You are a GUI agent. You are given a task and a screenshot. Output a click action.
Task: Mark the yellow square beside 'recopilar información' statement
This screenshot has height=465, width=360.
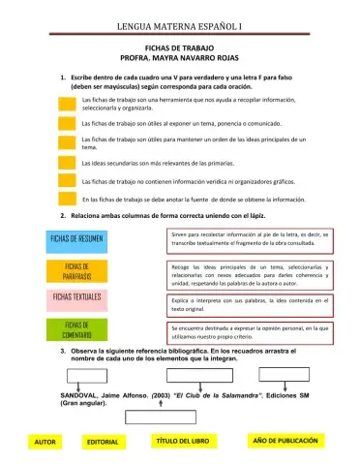coord(68,103)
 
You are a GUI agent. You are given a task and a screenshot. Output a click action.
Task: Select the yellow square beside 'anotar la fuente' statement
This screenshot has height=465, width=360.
coord(68,199)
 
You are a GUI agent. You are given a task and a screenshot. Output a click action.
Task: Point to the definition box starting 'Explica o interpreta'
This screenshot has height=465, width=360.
coord(250,306)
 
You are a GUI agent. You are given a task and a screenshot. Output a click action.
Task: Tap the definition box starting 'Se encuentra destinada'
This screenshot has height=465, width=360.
coord(250,332)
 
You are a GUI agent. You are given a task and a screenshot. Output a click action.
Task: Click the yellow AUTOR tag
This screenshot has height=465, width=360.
coord(45,442)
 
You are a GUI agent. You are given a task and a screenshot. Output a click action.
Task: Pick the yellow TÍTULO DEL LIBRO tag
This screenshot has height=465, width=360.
coord(182,441)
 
